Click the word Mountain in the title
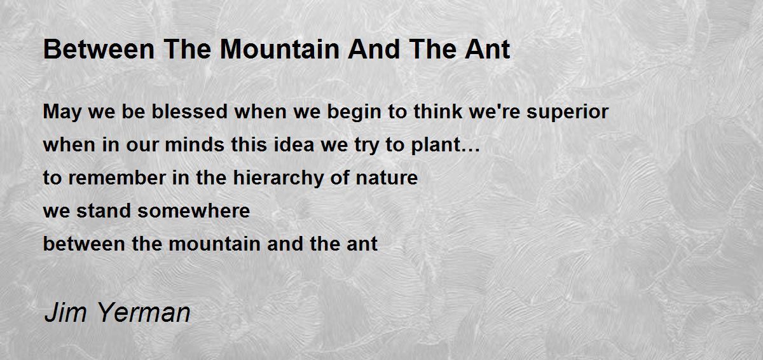(280, 50)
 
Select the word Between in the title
(99, 50)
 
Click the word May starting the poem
(62, 113)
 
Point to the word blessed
(189, 111)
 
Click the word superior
(567, 113)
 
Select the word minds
(195, 144)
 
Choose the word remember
(117, 177)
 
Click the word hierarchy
(278, 179)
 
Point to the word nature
(387, 179)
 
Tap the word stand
(104, 211)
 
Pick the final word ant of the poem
(362, 244)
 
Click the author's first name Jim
(65, 312)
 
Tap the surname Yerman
(144, 312)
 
